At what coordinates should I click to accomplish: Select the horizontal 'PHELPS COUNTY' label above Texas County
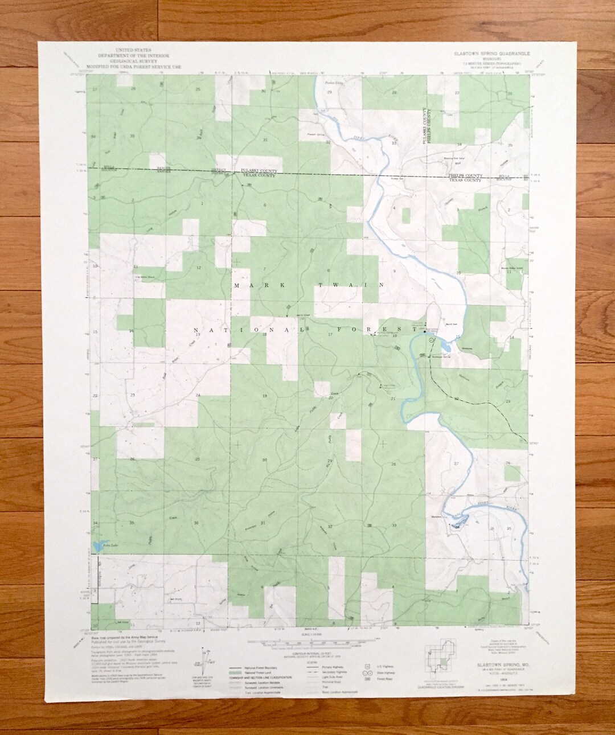tap(465, 175)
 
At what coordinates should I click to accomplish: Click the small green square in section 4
tap(405, 215)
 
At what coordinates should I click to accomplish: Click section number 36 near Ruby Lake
tap(196, 523)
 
